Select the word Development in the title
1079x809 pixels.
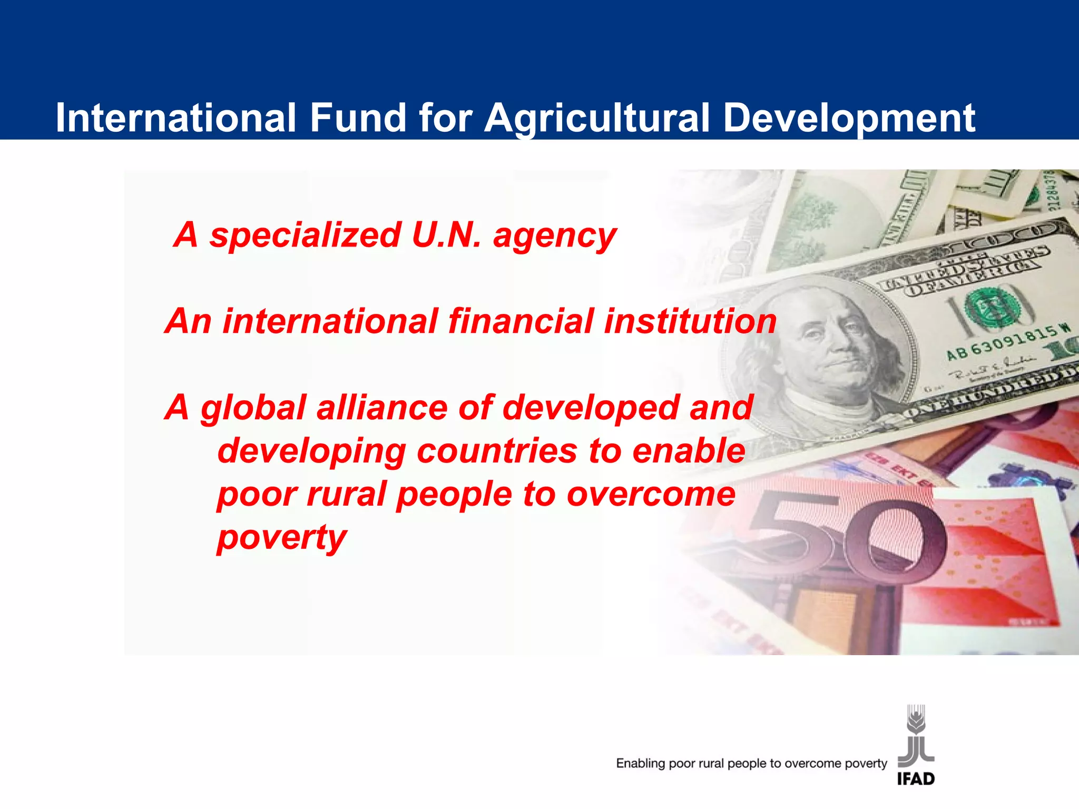pos(849,118)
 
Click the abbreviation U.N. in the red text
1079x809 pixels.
pos(446,235)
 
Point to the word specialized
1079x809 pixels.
pos(305,236)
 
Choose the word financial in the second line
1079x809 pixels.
pos(521,321)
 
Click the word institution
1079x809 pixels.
pos(690,321)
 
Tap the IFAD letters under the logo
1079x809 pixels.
pos(916,778)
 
